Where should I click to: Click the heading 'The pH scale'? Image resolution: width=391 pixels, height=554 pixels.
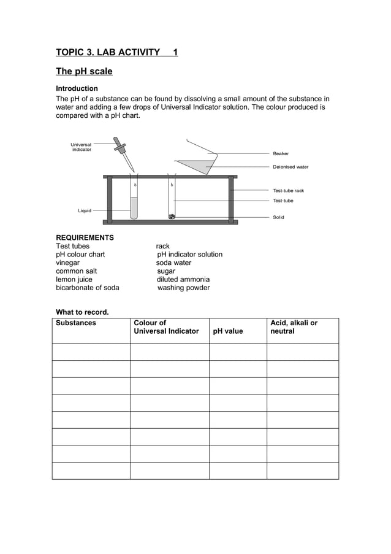coord(84,71)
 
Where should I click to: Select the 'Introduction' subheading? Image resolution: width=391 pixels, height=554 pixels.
coord(77,88)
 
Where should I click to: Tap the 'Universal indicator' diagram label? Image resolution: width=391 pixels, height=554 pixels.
coord(81,147)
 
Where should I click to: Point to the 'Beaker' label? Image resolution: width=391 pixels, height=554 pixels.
coord(281,153)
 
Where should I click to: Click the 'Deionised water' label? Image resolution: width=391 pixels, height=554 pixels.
coord(290,167)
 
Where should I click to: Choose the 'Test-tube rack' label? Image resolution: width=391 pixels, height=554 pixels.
coord(288,191)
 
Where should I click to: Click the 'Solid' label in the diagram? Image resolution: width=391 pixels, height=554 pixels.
coord(278,217)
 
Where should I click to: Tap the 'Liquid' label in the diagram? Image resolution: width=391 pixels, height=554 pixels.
coord(84,210)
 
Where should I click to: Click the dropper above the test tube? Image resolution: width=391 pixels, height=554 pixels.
coord(123,153)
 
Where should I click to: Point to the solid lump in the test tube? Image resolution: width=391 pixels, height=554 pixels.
coord(172,216)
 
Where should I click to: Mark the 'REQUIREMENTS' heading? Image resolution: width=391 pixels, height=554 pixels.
coord(85,237)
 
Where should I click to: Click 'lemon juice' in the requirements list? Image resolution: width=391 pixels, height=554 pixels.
coord(74,279)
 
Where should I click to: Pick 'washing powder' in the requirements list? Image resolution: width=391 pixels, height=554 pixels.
coord(183,288)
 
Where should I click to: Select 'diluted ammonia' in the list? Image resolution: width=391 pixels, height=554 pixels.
coord(183,279)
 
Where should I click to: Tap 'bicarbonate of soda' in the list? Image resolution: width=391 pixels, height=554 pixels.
coord(88,288)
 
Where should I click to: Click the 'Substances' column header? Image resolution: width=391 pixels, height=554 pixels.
coord(76,323)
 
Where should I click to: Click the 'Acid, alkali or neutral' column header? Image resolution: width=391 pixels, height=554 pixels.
coord(294,327)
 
